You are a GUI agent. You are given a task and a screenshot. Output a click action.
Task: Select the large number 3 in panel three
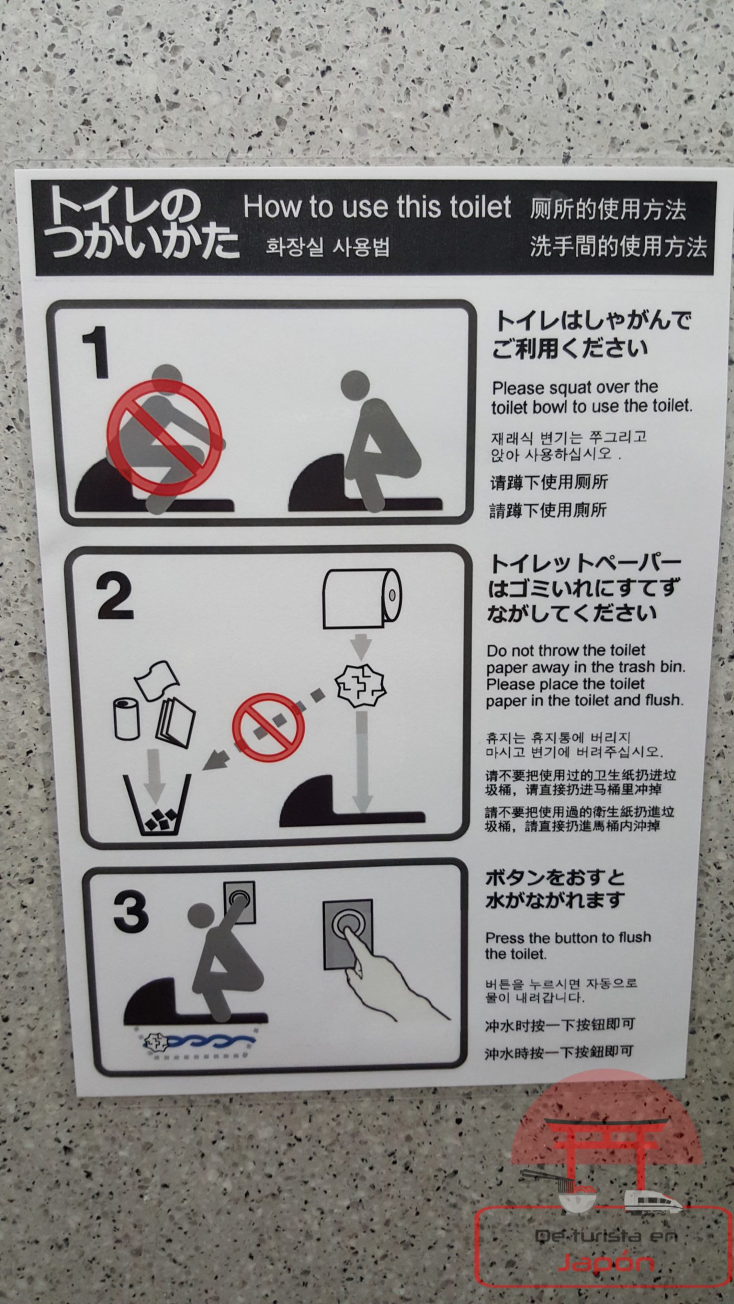coord(130,912)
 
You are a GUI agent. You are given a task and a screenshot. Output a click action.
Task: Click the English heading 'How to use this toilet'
coord(377,207)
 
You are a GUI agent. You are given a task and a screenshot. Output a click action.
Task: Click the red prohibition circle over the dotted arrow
coord(269,727)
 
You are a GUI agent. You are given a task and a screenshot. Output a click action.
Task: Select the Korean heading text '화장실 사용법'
coord(327,248)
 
